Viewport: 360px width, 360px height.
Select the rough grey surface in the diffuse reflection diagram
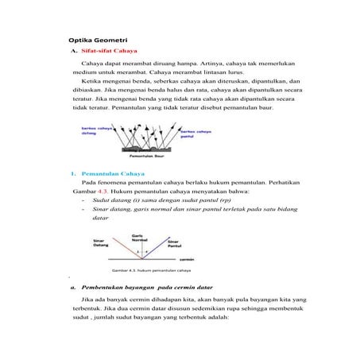point(143,149)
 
